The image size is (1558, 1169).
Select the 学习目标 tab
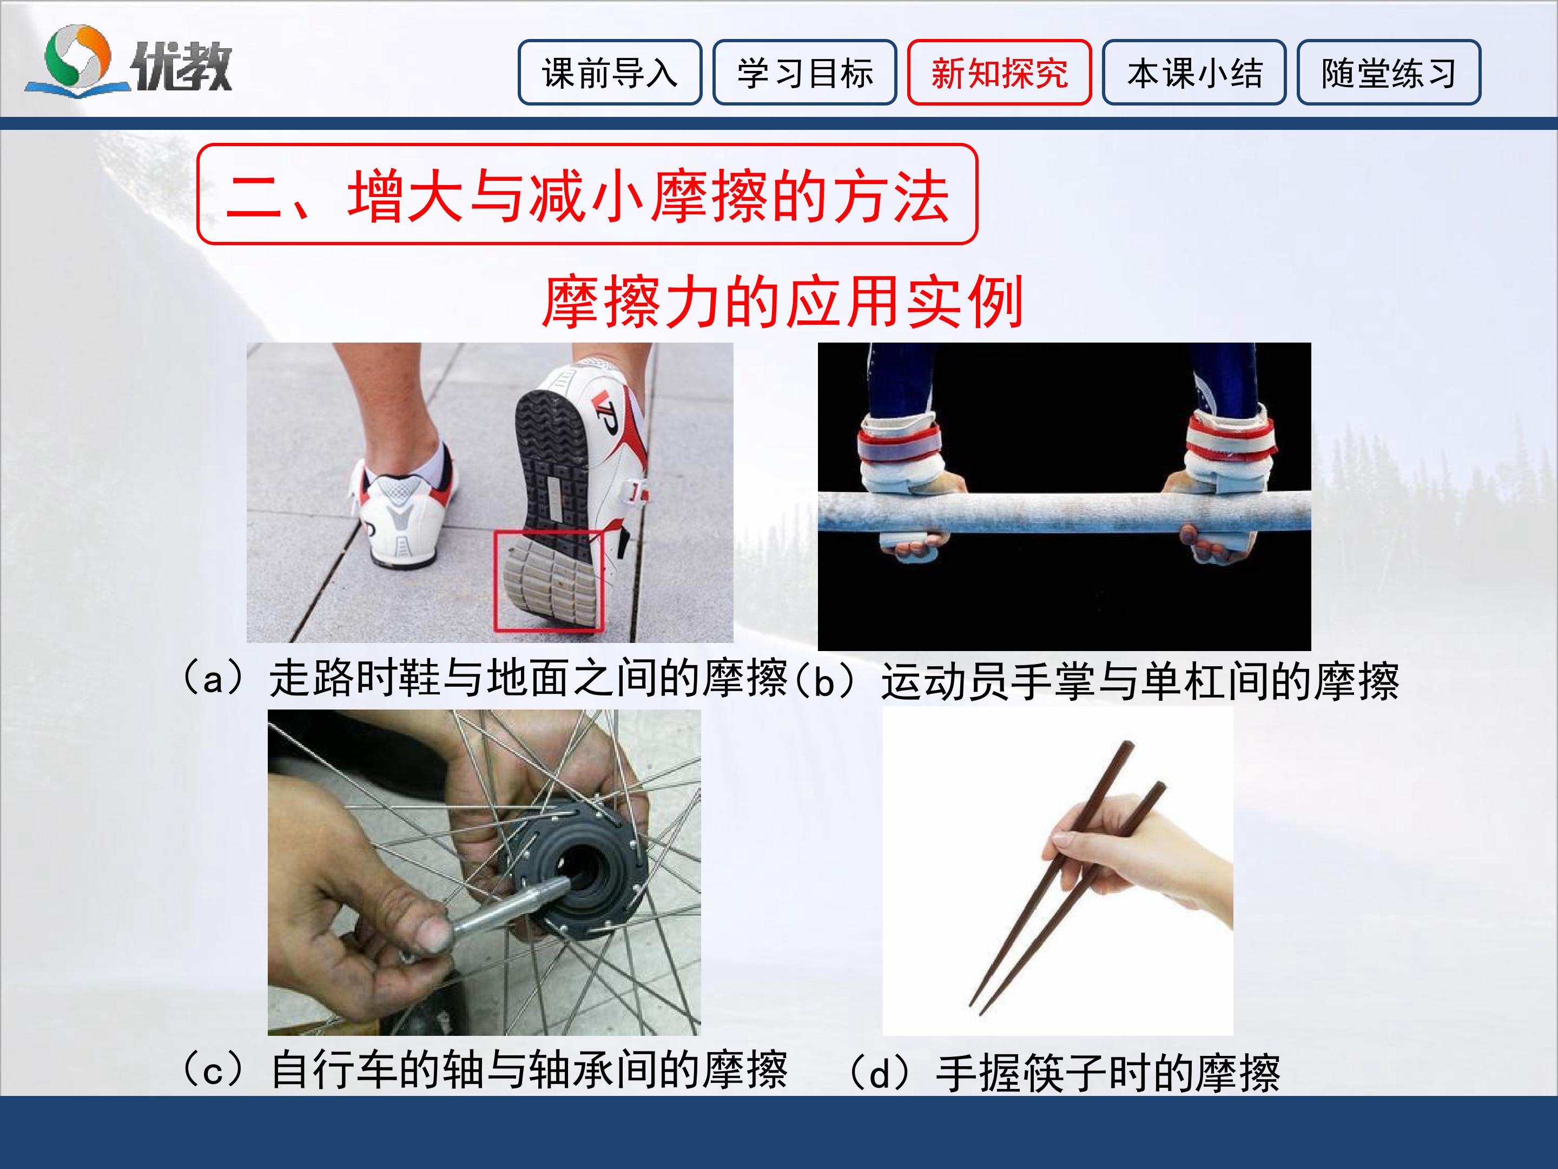(x=804, y=73)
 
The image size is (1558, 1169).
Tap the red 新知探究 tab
(x=1000, y=73)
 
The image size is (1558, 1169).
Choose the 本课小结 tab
(x=1194, y=73)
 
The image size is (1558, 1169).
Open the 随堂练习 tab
(x=1389, y=73)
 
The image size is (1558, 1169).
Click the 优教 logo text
(x=182, y=65)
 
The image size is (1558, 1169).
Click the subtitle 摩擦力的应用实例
(x=782, y=301)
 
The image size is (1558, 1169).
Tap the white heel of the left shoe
(x=398, y=521)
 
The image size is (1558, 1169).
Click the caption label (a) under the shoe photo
(x=213, y=679)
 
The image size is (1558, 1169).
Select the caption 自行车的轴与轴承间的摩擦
(x=528, y=1071)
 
